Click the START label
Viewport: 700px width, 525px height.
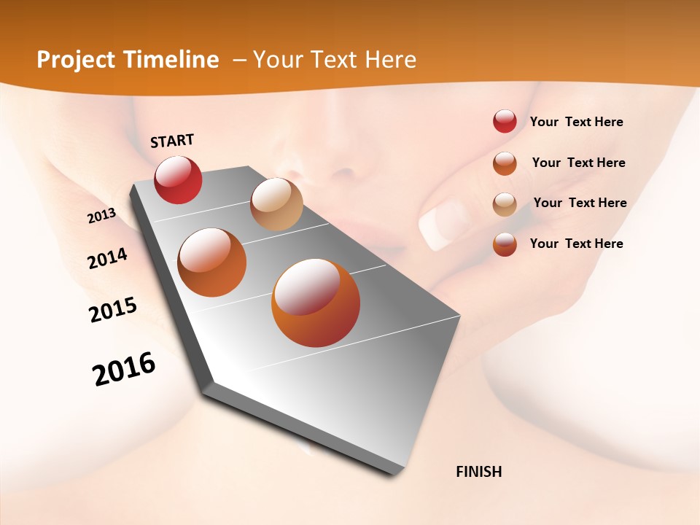click(172, 141)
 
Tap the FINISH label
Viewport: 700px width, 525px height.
click(479, 472)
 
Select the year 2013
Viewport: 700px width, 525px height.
click(101, 216)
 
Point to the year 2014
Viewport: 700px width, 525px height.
click(107, 259)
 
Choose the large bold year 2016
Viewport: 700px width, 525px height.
click(124, 369)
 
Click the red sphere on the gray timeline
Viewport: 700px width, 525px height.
click(178, 179)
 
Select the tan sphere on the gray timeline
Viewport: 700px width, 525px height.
click(276, 204)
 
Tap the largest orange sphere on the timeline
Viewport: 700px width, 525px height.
click(316, 303)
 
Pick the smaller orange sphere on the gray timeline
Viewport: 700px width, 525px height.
click(212, 262)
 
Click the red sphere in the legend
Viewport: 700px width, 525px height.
click(505, 121)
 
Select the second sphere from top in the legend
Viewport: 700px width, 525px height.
click(505, 163)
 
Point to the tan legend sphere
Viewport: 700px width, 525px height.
click(505, 204)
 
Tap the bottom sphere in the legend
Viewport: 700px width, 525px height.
click(505, 244)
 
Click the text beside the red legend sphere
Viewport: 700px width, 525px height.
click(576, 122)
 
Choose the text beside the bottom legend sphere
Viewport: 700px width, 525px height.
click(576, 244)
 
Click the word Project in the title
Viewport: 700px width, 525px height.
click(76, 60)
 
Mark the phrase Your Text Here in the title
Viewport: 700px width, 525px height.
click(335, 60)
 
